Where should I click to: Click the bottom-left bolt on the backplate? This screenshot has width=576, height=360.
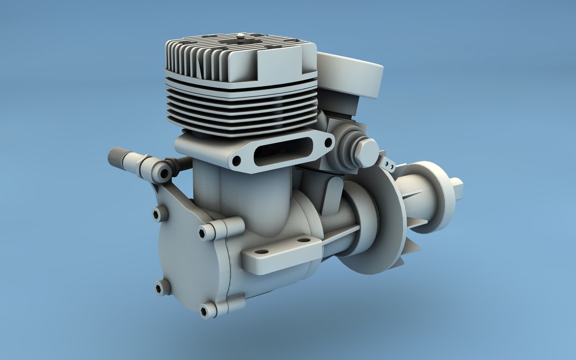click(159, 285)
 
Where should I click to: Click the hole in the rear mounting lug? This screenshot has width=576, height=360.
click(302, 240)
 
